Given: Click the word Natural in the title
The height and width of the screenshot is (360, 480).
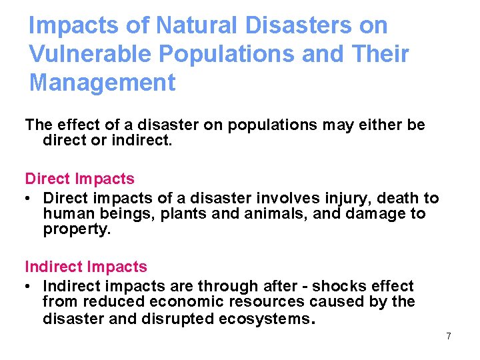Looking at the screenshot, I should coord(195,25).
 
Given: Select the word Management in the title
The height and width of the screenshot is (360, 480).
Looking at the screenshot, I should coord(102,83).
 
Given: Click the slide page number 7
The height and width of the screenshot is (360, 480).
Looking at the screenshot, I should coord(449,336).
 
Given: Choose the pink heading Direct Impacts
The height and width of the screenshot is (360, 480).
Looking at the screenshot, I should coord(79,179).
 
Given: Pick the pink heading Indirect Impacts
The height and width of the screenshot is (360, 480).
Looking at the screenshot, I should coord(85,267).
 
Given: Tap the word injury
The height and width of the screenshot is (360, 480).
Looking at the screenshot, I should coord(343,198).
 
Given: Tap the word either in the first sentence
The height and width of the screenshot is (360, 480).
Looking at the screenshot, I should coord(363,125).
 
